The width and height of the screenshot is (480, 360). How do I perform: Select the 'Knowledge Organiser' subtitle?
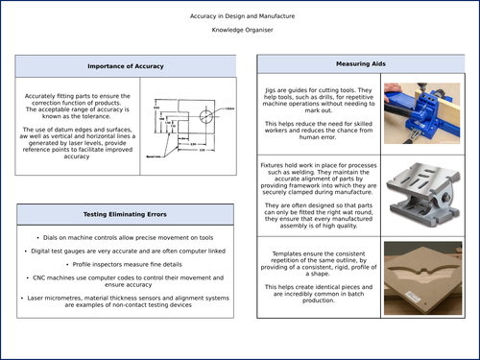click(240, 31)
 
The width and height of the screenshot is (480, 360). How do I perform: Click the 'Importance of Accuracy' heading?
click(125, 66)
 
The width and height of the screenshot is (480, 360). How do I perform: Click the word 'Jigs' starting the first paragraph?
click(272, 89)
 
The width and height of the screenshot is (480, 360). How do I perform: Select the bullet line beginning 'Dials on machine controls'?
click(126, 236)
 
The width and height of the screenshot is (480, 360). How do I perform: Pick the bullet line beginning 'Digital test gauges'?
click(126, 250)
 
